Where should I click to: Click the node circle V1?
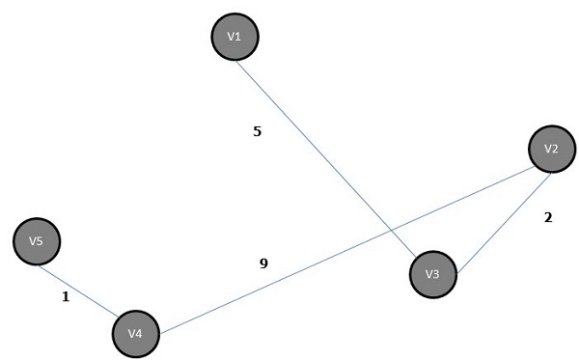pos(234,37)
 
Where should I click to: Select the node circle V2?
pos(552,150)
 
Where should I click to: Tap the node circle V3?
pos(432,274)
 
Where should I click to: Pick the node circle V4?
pos(136,334)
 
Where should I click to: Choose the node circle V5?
pos(37,241)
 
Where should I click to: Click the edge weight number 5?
pos(257,131)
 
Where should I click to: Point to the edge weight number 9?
pos(263,263)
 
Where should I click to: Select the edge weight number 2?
pos(548,218)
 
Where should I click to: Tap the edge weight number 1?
pos(66,297)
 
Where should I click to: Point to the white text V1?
pos(234,37)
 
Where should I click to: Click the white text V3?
pos(432,274)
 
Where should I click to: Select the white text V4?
pos(136,334)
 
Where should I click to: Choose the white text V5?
pos(37,241)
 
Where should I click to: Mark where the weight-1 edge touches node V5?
pos(54,259)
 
